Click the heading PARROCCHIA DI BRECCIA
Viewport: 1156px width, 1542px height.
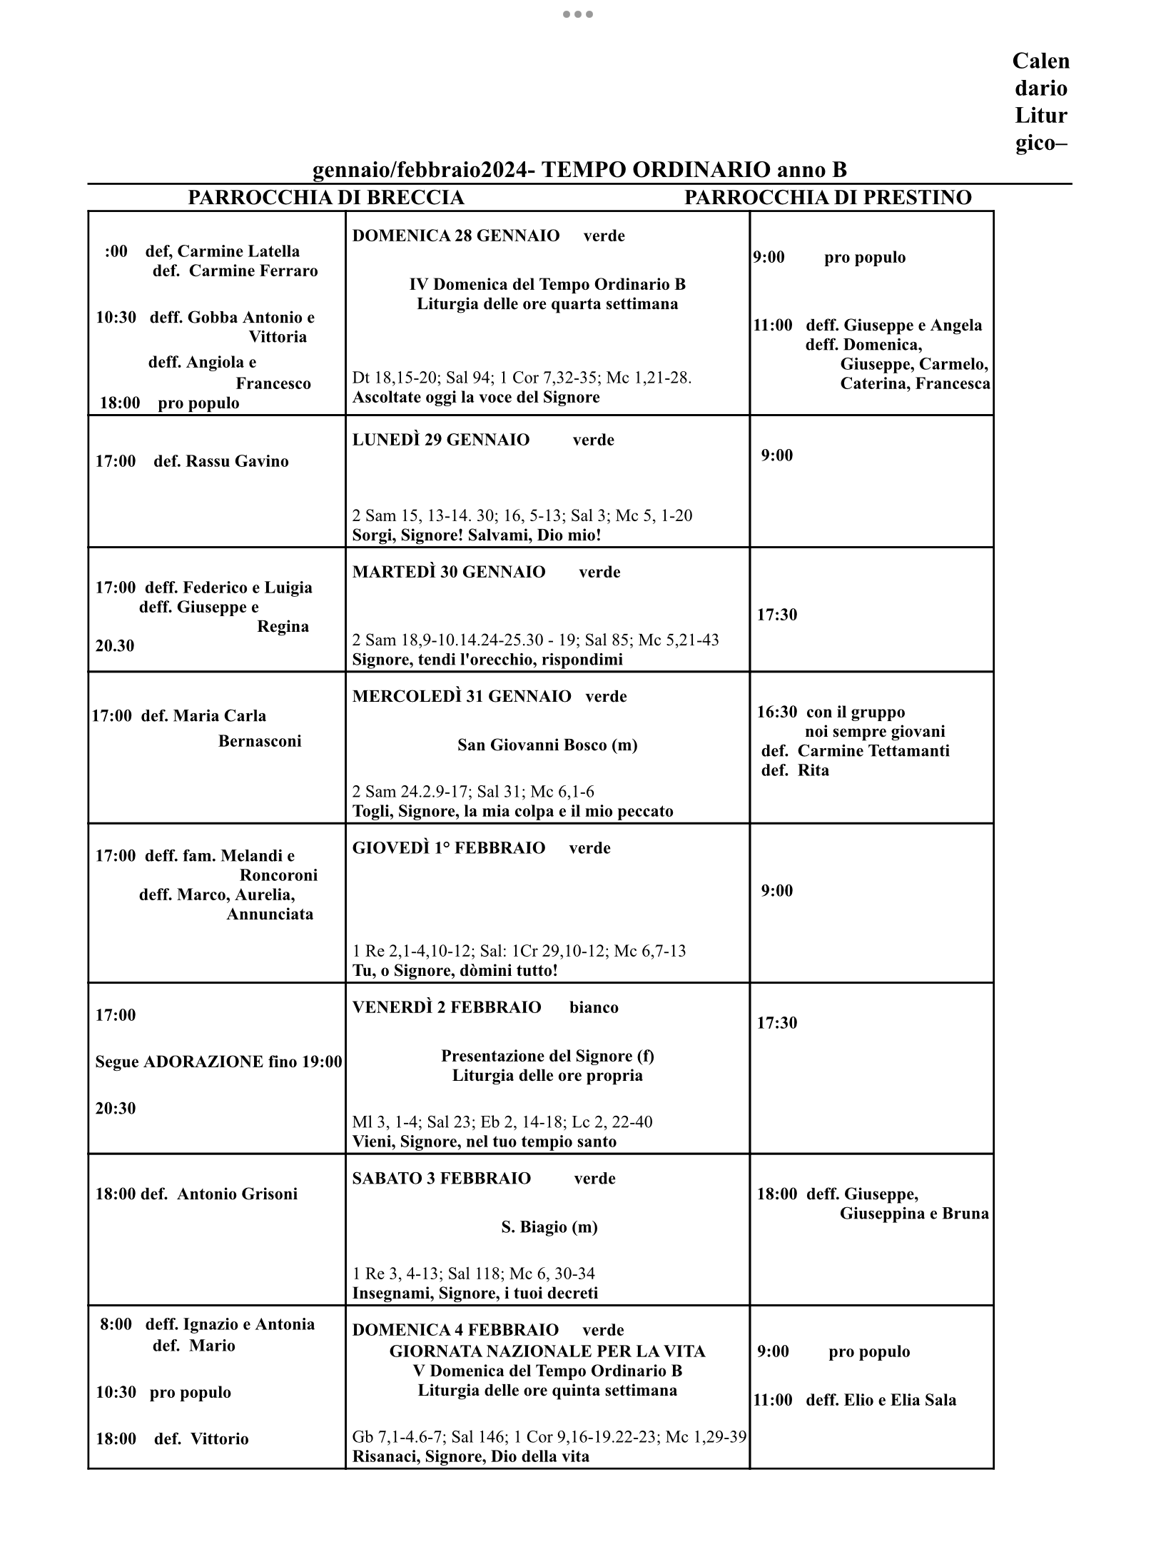point(325,198)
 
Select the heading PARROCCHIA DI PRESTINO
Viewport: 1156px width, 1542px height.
point(828,198)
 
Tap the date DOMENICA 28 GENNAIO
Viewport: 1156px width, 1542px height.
point(455,236)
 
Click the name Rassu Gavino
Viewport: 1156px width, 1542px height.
point(237,461)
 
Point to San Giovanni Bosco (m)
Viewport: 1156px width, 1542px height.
point(547,745)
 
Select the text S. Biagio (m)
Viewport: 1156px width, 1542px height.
point(549,1227)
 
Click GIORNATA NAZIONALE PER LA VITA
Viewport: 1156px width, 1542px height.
point(547,1351)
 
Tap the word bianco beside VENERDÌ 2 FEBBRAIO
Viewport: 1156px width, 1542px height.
point(594,1007)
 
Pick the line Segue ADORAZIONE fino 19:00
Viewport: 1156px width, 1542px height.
point(218,1062)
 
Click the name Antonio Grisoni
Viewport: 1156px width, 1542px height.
point(237,1194)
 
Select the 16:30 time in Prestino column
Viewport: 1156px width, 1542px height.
point(777,712)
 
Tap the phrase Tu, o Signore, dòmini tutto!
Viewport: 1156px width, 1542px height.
point(455,971)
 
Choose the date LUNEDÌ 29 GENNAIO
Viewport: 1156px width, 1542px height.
point(441,440)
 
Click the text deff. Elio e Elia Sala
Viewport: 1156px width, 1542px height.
point(881,1400)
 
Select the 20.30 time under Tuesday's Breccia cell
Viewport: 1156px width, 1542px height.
point(115,646)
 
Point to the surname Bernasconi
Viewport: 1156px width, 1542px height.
point(260,741)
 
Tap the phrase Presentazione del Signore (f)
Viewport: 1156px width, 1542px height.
point(547,1056)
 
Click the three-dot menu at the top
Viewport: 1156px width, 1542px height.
point(578,14)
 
